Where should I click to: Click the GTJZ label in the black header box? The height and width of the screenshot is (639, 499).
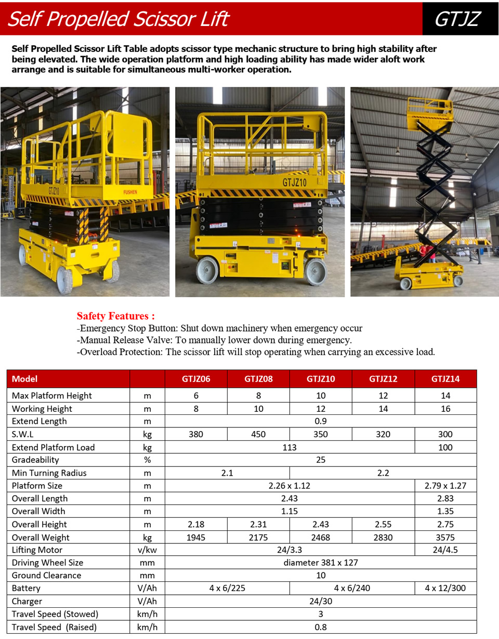(x=457, y=19)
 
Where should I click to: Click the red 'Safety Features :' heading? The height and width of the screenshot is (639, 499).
(x=115, y=316)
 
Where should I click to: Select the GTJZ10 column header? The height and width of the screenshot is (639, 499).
(x=321, y=379)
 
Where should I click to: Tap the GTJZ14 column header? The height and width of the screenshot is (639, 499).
(x=445, y=379)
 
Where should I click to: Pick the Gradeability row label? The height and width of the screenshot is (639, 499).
(x=35, y=460)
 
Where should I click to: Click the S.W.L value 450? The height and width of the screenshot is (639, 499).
(x=258, y=434)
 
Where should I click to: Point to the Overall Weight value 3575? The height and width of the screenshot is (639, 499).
(x=445, y=537)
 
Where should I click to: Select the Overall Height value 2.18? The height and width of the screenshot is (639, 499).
(x=196, y=524)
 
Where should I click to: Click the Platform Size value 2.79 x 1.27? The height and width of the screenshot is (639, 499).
(x=445, y=486)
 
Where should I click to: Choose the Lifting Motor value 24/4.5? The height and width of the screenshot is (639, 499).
(x=445, y=550)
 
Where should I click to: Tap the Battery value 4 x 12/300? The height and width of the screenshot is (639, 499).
(x=445, y=588)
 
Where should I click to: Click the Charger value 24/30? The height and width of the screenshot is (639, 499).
(x=321, y=601)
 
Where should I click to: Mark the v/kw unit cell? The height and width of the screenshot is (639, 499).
(x=147, y=550)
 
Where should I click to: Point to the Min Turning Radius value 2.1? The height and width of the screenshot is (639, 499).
(x=227, y=473)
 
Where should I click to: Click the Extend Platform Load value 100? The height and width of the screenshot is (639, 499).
(x=445, y=447)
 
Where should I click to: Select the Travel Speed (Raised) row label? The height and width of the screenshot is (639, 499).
(x=54, y=627)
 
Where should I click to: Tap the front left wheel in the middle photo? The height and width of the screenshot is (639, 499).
(x=207, y=270)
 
